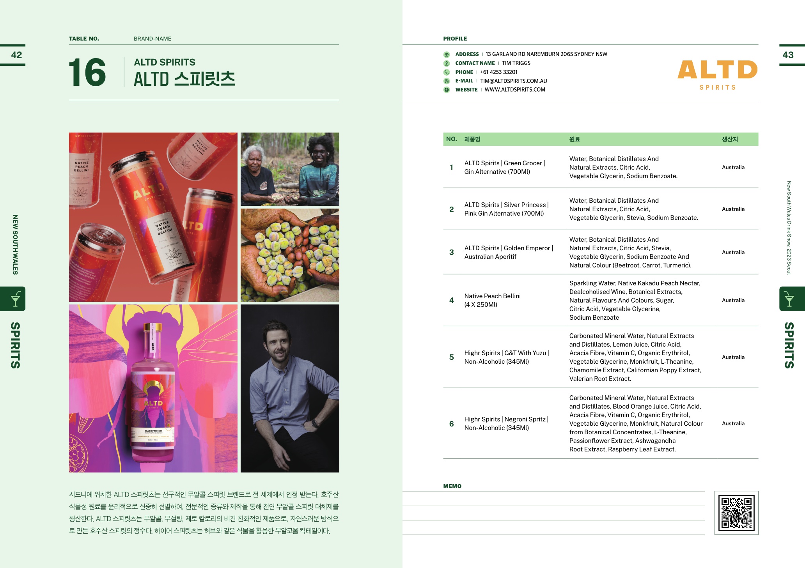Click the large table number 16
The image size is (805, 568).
(x=87, y=73)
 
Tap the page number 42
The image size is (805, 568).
(x=16, y=55)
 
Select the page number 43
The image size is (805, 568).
(x=788, y=55)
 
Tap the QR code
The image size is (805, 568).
(x=736, y=513)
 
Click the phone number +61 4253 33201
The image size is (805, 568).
(x=499, y=72)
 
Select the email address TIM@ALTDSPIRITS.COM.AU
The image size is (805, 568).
(x=514, y=81)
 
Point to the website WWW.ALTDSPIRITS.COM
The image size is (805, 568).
(x=515, y=90)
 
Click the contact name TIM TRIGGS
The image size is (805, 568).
(x=516, y=63)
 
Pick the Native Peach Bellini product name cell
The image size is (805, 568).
(x=492, y=300)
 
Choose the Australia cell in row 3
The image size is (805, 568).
(x=733, y=252)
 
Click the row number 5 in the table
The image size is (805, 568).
(x=451, y=357)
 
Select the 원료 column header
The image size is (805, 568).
(x=574, y=139)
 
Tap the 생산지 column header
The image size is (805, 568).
(x=730, y=139)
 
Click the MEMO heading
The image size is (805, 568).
(x=452, y=486)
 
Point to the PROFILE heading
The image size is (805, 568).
(x=455, y=39)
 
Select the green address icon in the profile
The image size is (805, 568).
(x=447, y=55)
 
